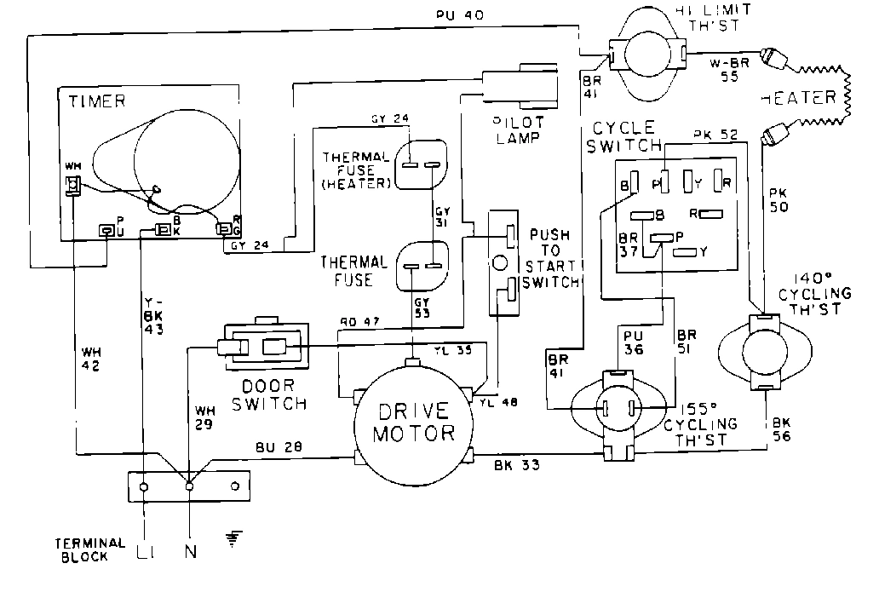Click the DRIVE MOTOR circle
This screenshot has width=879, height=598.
(412, 421)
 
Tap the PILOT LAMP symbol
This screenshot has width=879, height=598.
(519, 87)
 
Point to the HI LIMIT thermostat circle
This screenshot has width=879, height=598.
(648, 57)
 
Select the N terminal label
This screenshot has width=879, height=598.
(190, 551)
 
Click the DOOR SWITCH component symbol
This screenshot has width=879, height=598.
(262, 347)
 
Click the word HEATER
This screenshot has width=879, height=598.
(799, 98)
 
